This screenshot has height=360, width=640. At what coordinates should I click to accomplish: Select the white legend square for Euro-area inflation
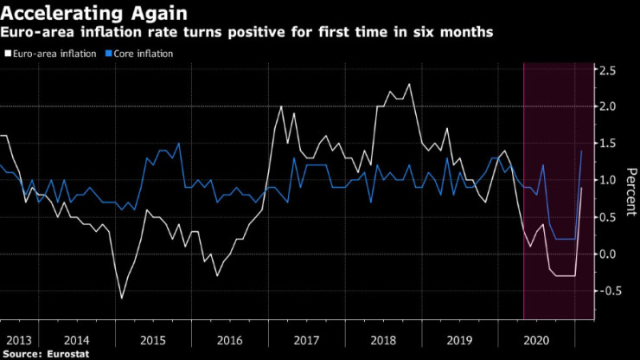[x=7, y=54]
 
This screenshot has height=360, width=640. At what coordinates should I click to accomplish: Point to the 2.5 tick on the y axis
[x=609, y=70]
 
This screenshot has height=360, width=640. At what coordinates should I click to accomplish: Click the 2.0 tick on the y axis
[x=609, y=106]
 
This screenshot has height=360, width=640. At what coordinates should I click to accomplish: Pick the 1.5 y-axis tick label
[x=609, y=144]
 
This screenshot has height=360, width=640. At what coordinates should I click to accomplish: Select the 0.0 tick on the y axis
[x=609, y=254]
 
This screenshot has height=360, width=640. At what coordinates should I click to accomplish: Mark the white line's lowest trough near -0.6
[x=121, y=298]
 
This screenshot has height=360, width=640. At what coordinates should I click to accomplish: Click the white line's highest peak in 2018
[x=409, y=84]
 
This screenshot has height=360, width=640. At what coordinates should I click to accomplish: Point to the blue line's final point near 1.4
[x=581, y=151]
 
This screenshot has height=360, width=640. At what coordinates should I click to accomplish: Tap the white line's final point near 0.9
[x=582, y=188]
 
